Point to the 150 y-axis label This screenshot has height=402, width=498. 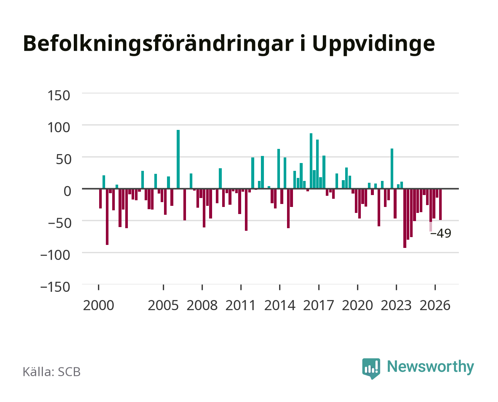click(x=59, y=96)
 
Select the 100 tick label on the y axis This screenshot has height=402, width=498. click(x=59, y=127)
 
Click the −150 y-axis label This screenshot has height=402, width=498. click(x=55, y=287)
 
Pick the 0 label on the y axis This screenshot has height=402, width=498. click(x=67, y=191)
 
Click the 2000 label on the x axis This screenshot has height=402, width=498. click(x=98, y=305)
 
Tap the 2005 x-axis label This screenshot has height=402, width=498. click(x=163, y=305)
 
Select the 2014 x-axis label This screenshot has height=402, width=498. click(x=280, y=305)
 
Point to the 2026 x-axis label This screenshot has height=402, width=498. click(x=435, y=305)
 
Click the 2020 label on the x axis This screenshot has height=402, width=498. click(x=357, y=305)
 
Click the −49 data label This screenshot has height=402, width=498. click(x=441, y=233)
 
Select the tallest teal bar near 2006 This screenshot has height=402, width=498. click(x=178, y=159)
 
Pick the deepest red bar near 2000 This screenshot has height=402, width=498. click(x=107, y=217)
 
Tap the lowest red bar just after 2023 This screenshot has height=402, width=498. click(x=405, y=218)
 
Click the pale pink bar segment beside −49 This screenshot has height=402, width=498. click(x=431, y=227)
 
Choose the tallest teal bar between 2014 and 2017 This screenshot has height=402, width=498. click(x=311, y=161)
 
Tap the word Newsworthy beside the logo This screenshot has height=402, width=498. click(x=431, y=367)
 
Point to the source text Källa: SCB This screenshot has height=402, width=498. click(x=52, y=372)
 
